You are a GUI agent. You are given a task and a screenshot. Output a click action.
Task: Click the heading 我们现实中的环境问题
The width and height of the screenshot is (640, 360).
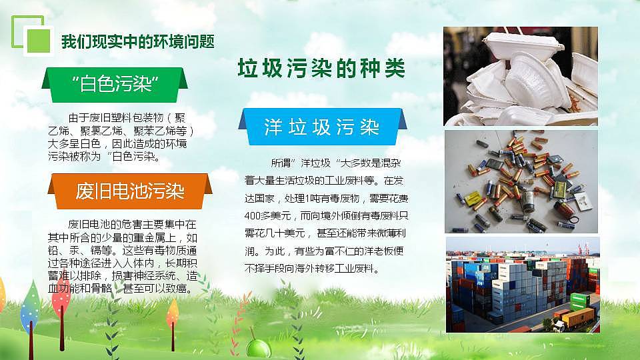pos(137,41)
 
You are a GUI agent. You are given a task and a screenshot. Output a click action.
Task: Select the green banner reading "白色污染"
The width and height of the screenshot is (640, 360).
pos(114,84)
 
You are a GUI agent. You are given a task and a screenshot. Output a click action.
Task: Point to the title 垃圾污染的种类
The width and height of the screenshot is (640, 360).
pos(321,69)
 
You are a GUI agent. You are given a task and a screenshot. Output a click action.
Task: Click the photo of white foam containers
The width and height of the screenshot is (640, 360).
pos(520,76)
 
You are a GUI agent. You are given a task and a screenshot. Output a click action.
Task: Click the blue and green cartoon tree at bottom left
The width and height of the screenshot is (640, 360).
pos(30,309)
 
